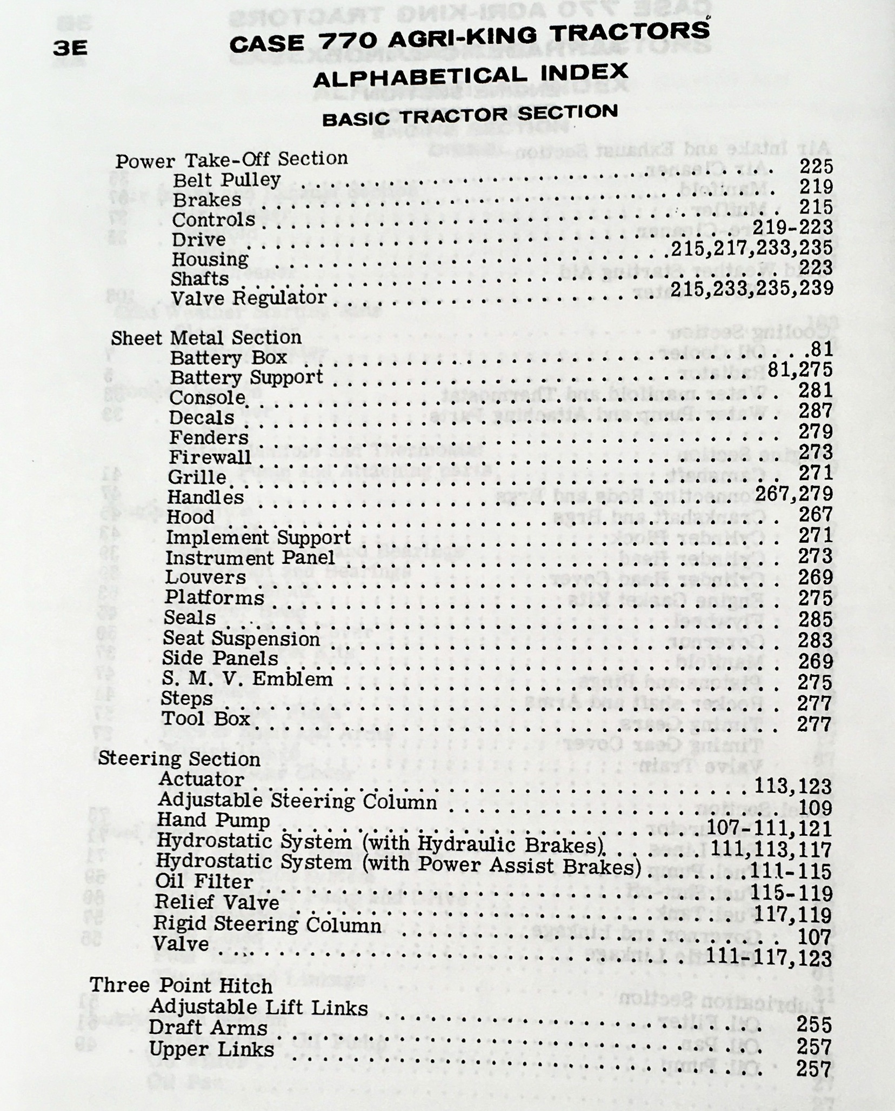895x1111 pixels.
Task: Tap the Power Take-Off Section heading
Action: (x=232, y=160)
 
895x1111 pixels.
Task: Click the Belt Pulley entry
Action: (x=226, y=179)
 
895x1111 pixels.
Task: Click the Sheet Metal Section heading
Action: (x=206, y=338)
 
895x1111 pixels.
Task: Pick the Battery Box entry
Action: (x=228, y=358)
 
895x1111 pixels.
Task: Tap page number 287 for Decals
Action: (x=815, y=411)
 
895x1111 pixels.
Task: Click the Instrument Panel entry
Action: (x=250, y=557)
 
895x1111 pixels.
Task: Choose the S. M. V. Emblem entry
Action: (x=248, y=678)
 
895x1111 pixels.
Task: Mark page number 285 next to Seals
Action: (x=814, y=619)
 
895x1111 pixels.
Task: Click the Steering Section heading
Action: (x=179, y=759)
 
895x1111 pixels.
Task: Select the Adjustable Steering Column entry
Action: (x=297, y=801)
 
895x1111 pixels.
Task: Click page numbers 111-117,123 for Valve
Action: (x=769, y=958)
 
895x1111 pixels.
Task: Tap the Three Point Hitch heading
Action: (x=181, y=985)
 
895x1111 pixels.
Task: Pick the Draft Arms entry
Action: (x=208, y=1028)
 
